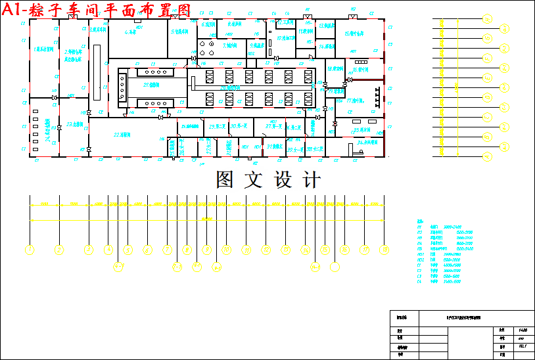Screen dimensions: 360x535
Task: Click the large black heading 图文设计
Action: (x=268, y=180)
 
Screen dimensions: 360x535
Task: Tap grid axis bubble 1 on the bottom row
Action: (x=30, y=250)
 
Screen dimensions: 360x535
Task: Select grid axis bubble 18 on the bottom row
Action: (x=385, y=250)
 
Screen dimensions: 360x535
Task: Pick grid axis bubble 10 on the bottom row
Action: (x=227, y=250)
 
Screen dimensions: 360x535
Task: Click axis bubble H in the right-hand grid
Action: (x=487, y=19)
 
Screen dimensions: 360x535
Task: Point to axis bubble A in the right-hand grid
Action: (x=487, y=157)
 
